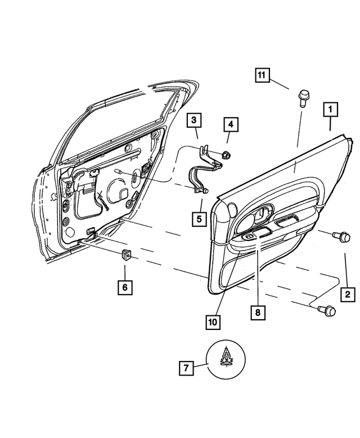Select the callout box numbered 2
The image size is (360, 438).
point(347,293)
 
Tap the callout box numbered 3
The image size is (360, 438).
point(193,120)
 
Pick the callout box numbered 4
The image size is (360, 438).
point(229,123)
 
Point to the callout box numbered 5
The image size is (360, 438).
point(199,217)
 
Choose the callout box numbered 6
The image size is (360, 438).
point(125,287)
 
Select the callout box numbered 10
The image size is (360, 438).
point(213,321)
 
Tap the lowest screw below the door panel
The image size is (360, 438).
point(326,310)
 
